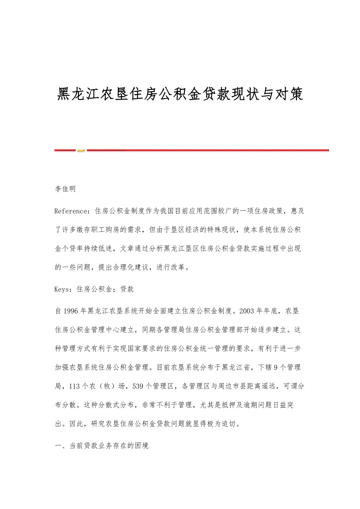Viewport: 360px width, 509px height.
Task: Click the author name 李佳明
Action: click(65, 189)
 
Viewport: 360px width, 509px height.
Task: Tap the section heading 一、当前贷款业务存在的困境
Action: click(102, 446)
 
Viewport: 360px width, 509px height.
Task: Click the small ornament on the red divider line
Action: click(81, 150)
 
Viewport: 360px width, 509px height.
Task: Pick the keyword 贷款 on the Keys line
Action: click(127, 289)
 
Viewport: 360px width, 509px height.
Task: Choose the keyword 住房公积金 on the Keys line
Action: click(94, 289)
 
